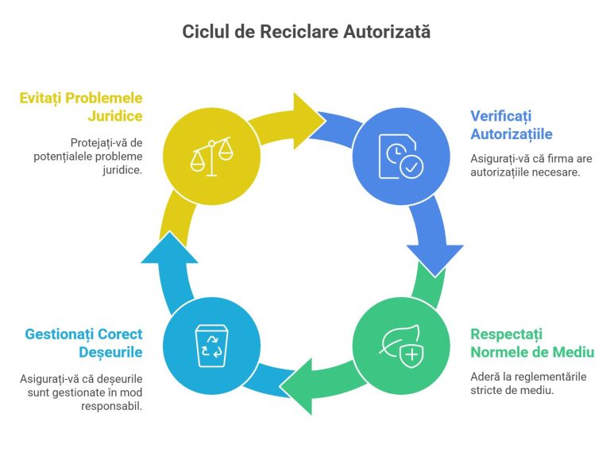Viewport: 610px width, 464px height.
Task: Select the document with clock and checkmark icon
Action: (400, 155)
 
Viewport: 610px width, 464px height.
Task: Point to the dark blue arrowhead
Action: (434, 256)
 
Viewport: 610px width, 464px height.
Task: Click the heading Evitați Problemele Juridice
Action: (82, 107)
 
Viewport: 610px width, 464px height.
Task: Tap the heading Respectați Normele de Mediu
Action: (531, 343)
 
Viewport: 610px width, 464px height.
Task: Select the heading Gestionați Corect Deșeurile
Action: (83, 343)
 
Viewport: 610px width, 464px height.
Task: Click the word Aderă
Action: (485, 376)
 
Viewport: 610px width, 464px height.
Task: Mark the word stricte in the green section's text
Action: (488, 390)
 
